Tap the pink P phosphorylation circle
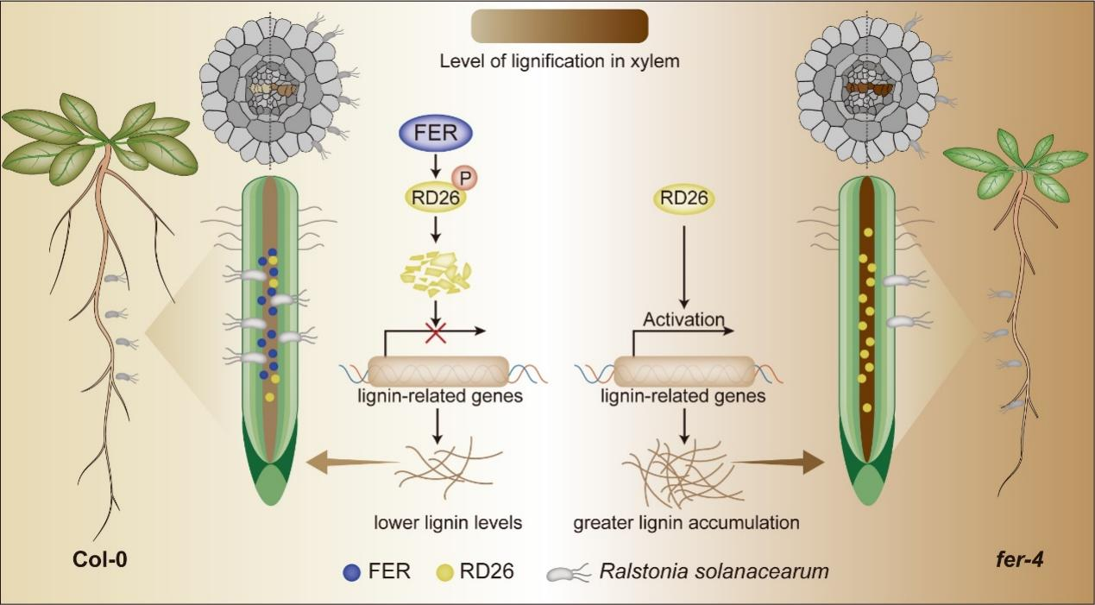click(x=465, y=177)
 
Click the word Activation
click(x=683, y=319)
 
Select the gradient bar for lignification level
click(x=559, y=26)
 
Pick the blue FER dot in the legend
click(x=350, y=571)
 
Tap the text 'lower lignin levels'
click(x=448, y=522)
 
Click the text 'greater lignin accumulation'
click(x=686, y=522)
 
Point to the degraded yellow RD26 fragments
click(x=436, y=269)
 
